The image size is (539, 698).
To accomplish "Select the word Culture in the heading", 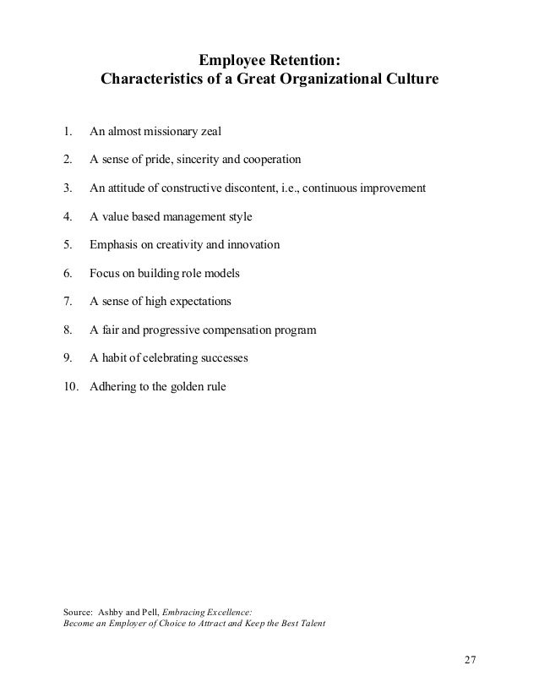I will [x=409, y=82].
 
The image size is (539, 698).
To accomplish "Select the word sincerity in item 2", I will [x=202, y=160].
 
